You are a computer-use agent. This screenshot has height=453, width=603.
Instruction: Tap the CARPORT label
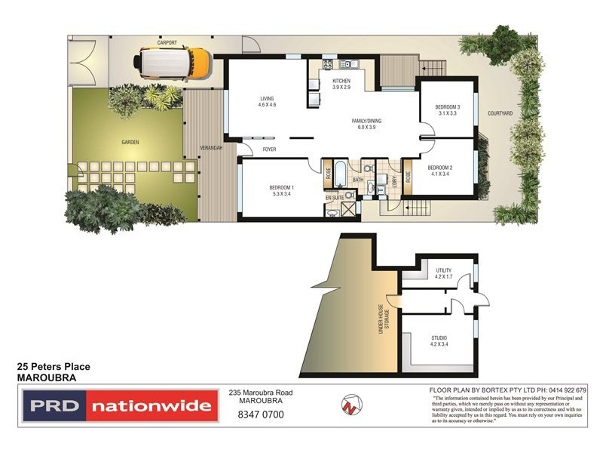click(167, 43)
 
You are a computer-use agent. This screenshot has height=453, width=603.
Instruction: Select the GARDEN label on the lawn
click(130, 141)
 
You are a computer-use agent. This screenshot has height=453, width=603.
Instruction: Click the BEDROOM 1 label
click(282, 190)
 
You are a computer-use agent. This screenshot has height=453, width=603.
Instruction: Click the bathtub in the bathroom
click(339, 173)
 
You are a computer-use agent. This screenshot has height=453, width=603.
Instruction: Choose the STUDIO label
click(440, 341)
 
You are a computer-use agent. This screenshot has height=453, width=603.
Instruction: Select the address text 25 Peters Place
click(54, 366)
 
